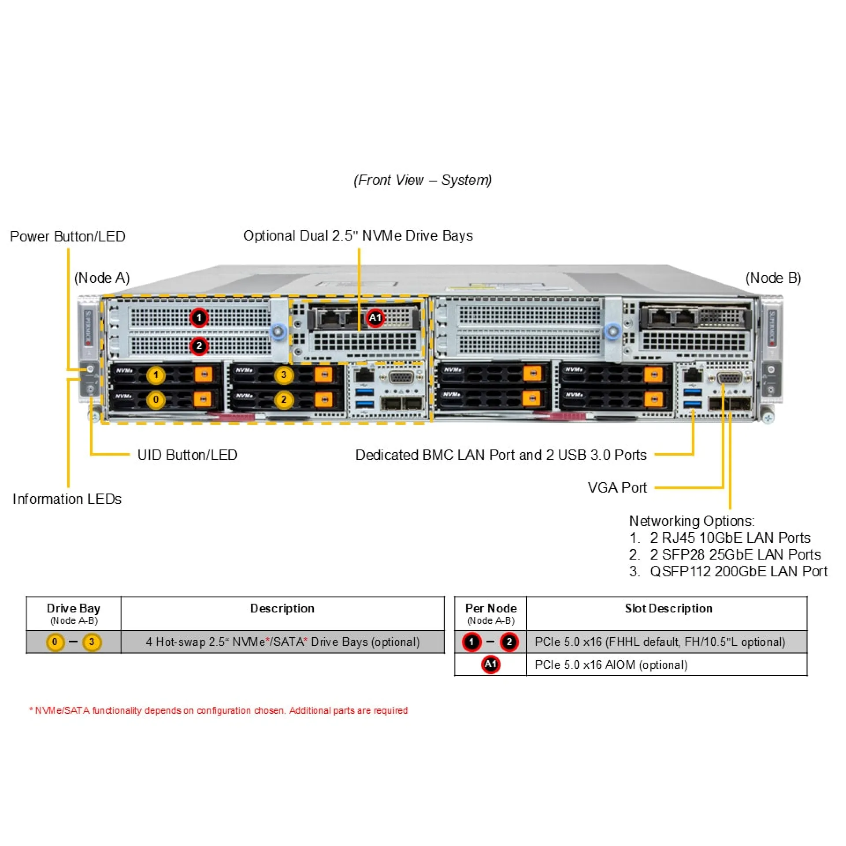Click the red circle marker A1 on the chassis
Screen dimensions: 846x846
coord(375,318)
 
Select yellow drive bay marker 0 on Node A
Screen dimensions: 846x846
coord(156,400)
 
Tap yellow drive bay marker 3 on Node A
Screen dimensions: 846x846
coord(284,375)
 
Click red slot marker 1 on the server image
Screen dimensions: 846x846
coord(199,317)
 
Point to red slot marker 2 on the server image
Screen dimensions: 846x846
coord(199,346)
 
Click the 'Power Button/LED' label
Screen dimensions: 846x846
coord(68,237)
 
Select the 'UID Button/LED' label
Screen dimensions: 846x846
coord(187,455)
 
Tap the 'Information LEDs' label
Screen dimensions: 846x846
coord(67,499)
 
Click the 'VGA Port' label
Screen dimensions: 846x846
coord(617,488)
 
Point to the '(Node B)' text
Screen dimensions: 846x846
coord(773,278)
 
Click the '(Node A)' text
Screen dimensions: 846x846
coord(102,278)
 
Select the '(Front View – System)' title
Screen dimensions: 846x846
coord(423,180)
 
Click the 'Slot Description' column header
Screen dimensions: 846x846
coord(668,609)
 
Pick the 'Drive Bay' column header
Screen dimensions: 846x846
coord(74,609)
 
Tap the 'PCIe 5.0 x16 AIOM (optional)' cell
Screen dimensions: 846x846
coord(611,665)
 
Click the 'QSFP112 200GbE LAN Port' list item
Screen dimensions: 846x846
coord(738,571)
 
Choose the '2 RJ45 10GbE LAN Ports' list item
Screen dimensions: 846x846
coord(730,538)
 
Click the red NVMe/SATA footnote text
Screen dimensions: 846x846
coord(219,711)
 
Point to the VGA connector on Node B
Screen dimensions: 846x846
coord(729,378)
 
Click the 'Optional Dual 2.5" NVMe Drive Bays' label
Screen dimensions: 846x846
coord(358,236)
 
